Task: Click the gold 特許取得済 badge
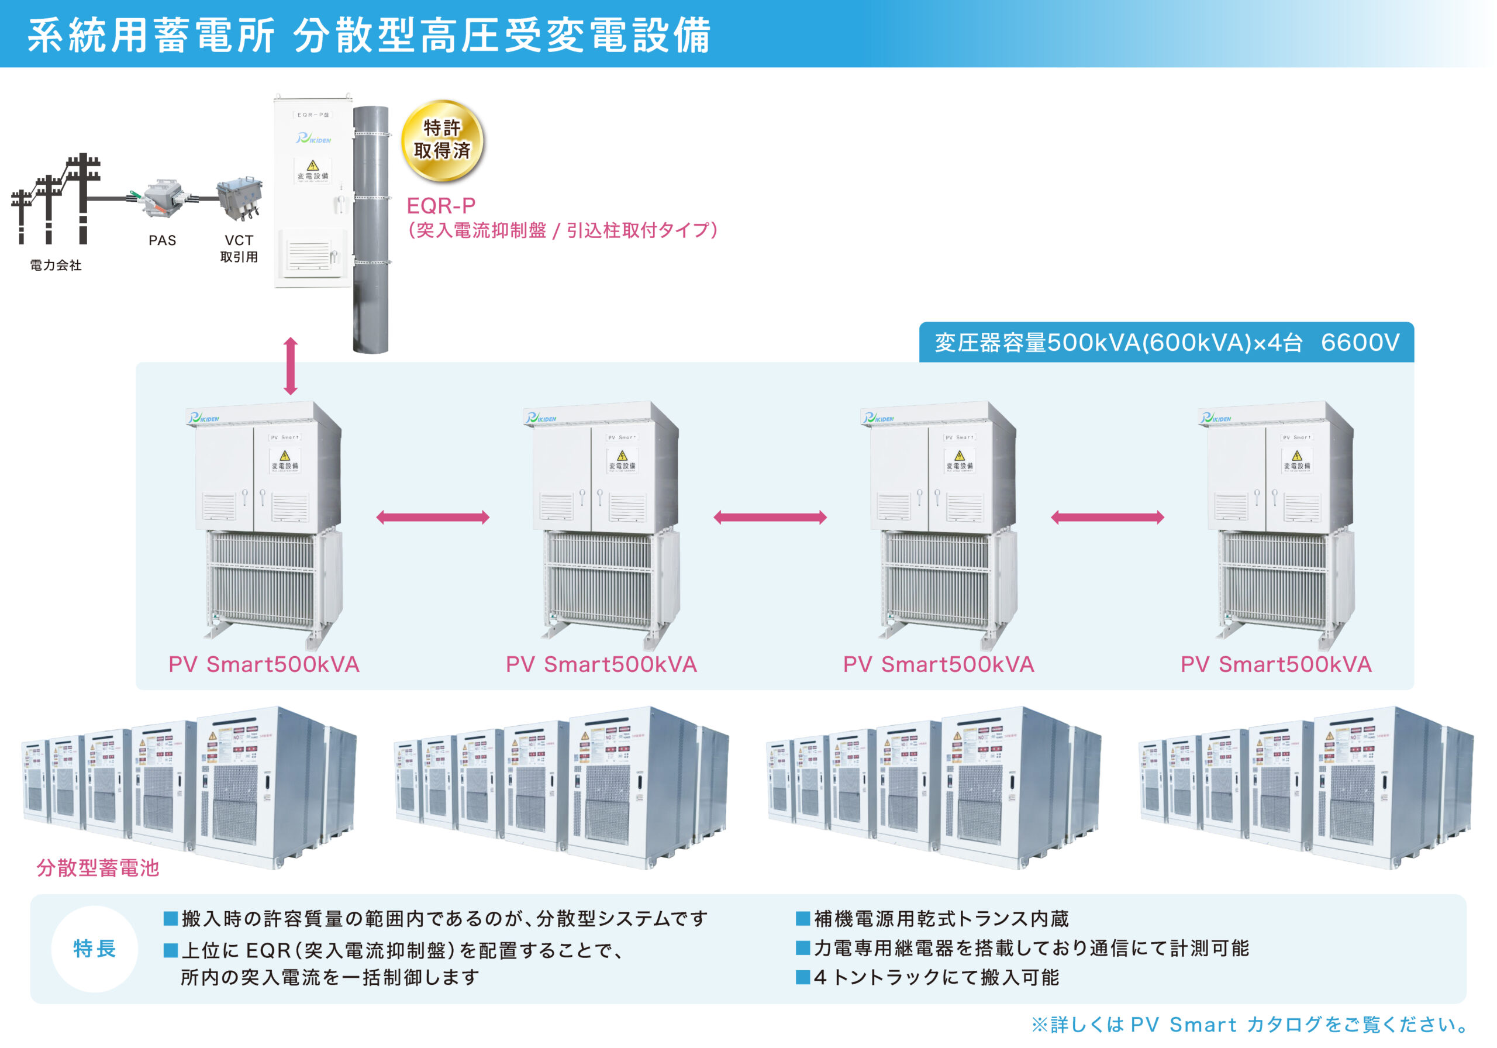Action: [442, 140]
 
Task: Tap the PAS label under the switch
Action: [163, 240]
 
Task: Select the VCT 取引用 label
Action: [239, 249]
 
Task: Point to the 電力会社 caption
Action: [56, 266]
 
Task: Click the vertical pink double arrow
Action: [291, 366]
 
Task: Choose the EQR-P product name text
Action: [441, 206]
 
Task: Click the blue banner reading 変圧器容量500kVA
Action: [1166, 342]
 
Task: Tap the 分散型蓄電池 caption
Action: [98, 868]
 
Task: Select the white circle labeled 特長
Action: [95, 949]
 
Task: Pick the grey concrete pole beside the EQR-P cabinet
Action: [370, 228]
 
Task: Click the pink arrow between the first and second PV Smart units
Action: [433, 518]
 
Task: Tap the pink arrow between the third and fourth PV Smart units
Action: [1107, 518]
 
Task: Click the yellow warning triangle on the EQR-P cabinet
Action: [313, 165]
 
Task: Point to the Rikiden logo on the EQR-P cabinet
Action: [313, 138]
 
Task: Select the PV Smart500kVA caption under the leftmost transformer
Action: [264, 664]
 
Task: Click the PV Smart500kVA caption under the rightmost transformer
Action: [1276, 664]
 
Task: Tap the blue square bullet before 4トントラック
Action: [803, 977]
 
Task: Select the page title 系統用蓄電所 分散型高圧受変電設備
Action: [369, 35]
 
